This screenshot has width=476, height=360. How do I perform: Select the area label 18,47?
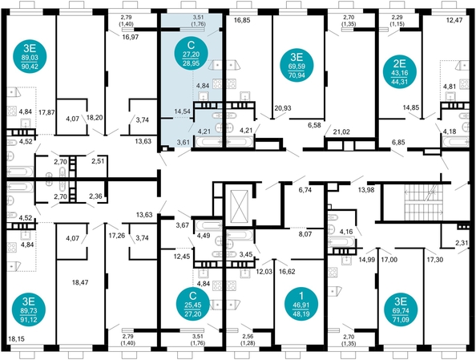[x=79, y=283]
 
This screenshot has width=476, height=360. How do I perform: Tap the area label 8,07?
[x=305, y=236]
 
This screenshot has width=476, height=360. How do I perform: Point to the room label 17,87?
[x=46, y=112]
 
